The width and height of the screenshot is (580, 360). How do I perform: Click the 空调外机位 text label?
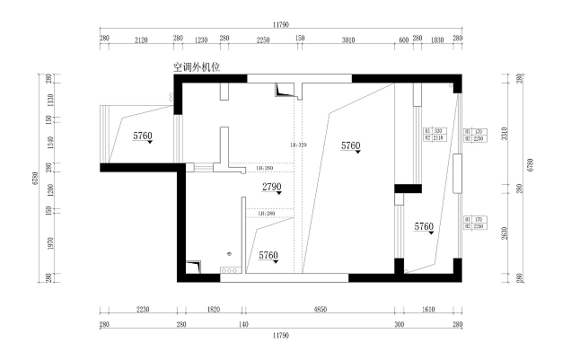pyautogui.click(x=198, y=66)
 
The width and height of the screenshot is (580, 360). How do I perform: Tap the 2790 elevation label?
pyautogui.click(x=272, y=187)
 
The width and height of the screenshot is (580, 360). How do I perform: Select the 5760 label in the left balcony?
pyautogui.click(x=143, y=136)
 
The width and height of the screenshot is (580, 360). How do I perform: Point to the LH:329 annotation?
pyautogui.click(x=299, y=145)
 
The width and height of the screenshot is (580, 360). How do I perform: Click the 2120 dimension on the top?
pyautogui.click(x=141, y=40)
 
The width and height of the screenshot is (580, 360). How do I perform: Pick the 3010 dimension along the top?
pyautogui.click(x=349, y=40)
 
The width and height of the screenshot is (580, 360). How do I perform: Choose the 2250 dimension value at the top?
pyautogui.click(x=263, y=40)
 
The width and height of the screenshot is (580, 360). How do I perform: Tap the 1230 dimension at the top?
pyautogui.click(x=201, y=40)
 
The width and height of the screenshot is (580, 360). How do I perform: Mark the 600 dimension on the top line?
pyautogui.click(x=404, y=40)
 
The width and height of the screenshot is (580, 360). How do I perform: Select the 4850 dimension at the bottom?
pyautogui.click(x=320, y=309)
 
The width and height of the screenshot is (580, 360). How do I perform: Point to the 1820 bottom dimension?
pyautogui.click(x=213, y=309)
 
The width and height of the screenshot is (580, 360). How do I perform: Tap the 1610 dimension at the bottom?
pyautogui.click(x=428, y=309)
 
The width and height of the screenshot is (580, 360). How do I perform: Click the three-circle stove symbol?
pyautogui.click(x=229, y=268)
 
